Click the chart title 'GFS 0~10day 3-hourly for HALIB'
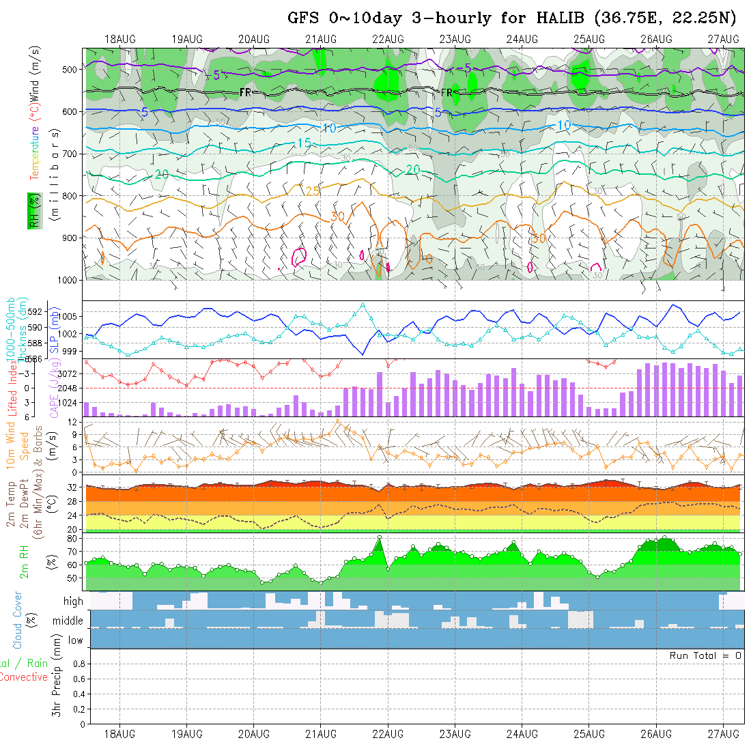pos(438,18)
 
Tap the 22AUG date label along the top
pos(388,39)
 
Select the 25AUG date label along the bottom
pos(589,734)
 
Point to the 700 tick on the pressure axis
pos(69,154)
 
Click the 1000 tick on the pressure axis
pos(66,280)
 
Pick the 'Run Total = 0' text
pos(705,655)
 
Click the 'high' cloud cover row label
pos(73,601)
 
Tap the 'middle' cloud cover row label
pos(68,621)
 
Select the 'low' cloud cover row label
pos(75,640)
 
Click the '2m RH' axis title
pos(25,561)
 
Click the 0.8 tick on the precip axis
pos(78,664)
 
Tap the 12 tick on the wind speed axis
pos(72,423)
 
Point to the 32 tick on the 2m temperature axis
pos(71,487)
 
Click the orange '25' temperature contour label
pos(312,191)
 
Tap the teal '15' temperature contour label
pos(304,143)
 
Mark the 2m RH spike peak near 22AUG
pos(379,537)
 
